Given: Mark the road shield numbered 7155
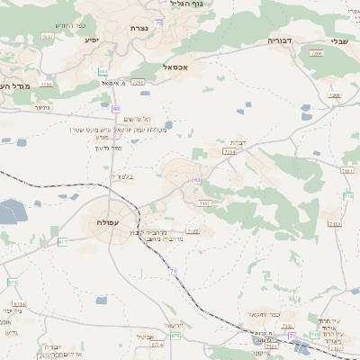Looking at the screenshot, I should [x=193, y=231].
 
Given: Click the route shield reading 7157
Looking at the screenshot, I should [x=205, y=204].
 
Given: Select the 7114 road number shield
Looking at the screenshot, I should [x=230, y=153].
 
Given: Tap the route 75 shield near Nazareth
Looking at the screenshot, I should [x=158, y=22].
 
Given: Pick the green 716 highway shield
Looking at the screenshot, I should [x=348, y=195].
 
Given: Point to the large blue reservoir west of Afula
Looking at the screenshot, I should [x=9, y=212].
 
